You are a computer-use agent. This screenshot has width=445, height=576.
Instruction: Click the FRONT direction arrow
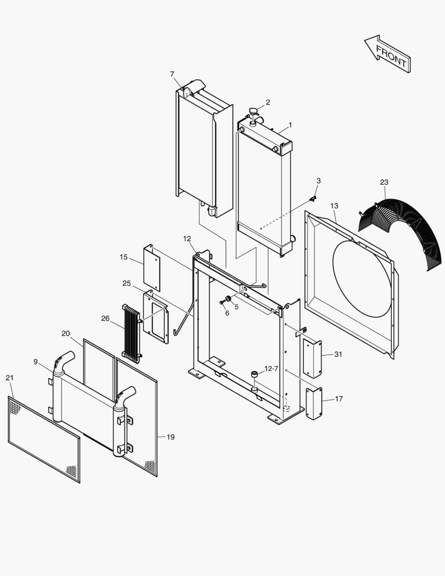(x=387, y=54)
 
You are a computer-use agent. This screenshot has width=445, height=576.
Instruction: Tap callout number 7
(x=172, y=74)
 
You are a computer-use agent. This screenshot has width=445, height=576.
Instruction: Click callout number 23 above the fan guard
(x=384, y=182)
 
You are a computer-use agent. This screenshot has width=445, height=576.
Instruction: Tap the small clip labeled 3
(x=313, y=198)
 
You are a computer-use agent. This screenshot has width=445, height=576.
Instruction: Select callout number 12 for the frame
(x=187, y=238)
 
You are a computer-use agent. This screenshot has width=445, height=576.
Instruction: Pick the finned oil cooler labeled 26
(x=131, y=333)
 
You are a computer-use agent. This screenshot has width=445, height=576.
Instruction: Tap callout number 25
(x=126, y=283)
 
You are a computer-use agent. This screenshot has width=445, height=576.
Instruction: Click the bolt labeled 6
(x=222, y=302)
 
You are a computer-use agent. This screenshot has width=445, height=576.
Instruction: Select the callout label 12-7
(x=271, y=369)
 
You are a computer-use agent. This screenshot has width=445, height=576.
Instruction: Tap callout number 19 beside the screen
(x=170, y=437)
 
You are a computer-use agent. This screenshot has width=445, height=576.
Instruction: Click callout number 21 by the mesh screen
(x=10, y=378)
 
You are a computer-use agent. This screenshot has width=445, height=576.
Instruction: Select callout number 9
(x=35, y=362)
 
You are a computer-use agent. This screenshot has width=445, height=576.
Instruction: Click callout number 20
(x=66, y=334)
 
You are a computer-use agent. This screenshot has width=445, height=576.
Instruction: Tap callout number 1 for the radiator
(x=290, y=125)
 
